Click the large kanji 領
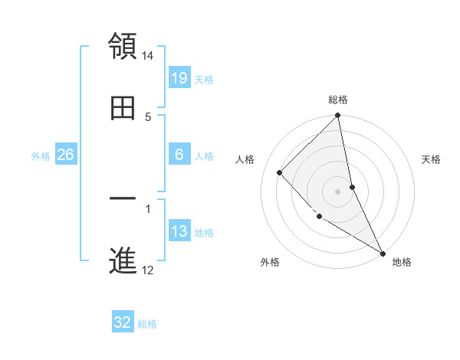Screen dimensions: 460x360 point(123,47)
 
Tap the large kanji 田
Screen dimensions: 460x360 point(123,109)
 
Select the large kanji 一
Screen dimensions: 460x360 point(123,201)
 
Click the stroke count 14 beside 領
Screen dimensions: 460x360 point(148,56)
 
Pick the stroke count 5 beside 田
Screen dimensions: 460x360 point(148,117)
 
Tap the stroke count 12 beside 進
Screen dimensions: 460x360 point(148,270)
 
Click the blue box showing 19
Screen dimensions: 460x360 point(179,78)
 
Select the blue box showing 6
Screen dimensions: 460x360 point(179,155)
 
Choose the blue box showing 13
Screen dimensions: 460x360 point(179,231)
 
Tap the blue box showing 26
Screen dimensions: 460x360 point(65,155)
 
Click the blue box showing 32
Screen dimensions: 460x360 point(123,322)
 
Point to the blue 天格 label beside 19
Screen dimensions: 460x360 point(204,79)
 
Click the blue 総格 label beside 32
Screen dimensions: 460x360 point(147,323)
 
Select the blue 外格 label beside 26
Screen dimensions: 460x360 point(41,155)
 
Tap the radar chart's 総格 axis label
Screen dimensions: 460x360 point(338,100)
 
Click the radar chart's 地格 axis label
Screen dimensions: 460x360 point(402,262)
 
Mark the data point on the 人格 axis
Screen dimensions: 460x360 point(280,172)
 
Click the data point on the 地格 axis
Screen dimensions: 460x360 point(383,253)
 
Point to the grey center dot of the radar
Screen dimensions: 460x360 point(338,191)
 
